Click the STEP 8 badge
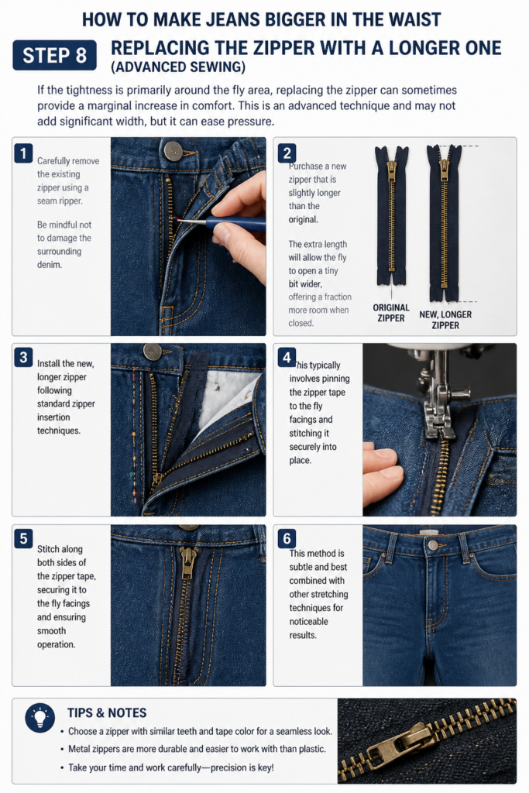pyautogui.click(x=55, y=55)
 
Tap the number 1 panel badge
pyautogui.click(x=23, y=153)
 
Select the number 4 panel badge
pyautogui.click(x=287, y=357)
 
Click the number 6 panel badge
pyautogui.click(x=287, y=539)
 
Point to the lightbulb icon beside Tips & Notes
pyautogui.click(x=40, y=718)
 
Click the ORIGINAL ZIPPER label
pyautogui.click(x=391, y=313)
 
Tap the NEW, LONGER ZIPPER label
pyautogui.click(x=445, y=320)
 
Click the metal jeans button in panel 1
pyautogui.click(x=173, y=150)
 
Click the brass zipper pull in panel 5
pyautogui.click(x=187, y=563)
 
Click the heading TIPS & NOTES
pyautogui.click(x=107, y=712)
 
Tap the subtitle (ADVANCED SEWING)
pyautogui.click(x=178, y=67)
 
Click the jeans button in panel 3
pyautogui.click(x=152, y=352)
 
